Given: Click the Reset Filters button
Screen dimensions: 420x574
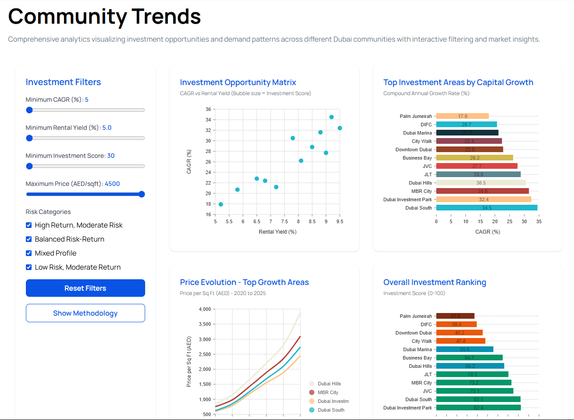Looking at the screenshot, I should [85, 288].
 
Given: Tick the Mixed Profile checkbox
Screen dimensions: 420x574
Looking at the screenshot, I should [29, 253].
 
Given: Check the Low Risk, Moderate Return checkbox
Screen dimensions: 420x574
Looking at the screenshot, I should [29, 267].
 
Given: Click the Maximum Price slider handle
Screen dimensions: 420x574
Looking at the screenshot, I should [142, 194].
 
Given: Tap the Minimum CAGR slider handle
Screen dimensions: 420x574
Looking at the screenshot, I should [29, 110].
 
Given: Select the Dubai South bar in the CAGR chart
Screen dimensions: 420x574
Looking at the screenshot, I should [486, 208].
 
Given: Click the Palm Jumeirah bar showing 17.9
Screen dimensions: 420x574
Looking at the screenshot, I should [462, 116].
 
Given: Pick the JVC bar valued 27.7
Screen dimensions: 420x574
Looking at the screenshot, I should [477, 166].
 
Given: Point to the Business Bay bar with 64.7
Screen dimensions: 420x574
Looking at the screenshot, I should [469, 358].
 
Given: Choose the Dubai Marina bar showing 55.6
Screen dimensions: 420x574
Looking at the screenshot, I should [464, 349].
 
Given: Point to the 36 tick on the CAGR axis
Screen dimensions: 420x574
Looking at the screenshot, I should [208, 109].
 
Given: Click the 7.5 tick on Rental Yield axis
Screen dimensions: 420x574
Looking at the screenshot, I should [285, 221].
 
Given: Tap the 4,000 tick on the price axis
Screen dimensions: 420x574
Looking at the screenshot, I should [205, 309].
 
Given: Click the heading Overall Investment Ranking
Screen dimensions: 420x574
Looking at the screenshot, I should [435, 282].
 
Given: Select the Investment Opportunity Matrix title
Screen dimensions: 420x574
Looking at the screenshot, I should [238, 82].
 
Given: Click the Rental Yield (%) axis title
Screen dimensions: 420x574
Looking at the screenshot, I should [278, 232].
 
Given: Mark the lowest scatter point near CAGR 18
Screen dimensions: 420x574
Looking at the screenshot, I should [221, 204].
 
